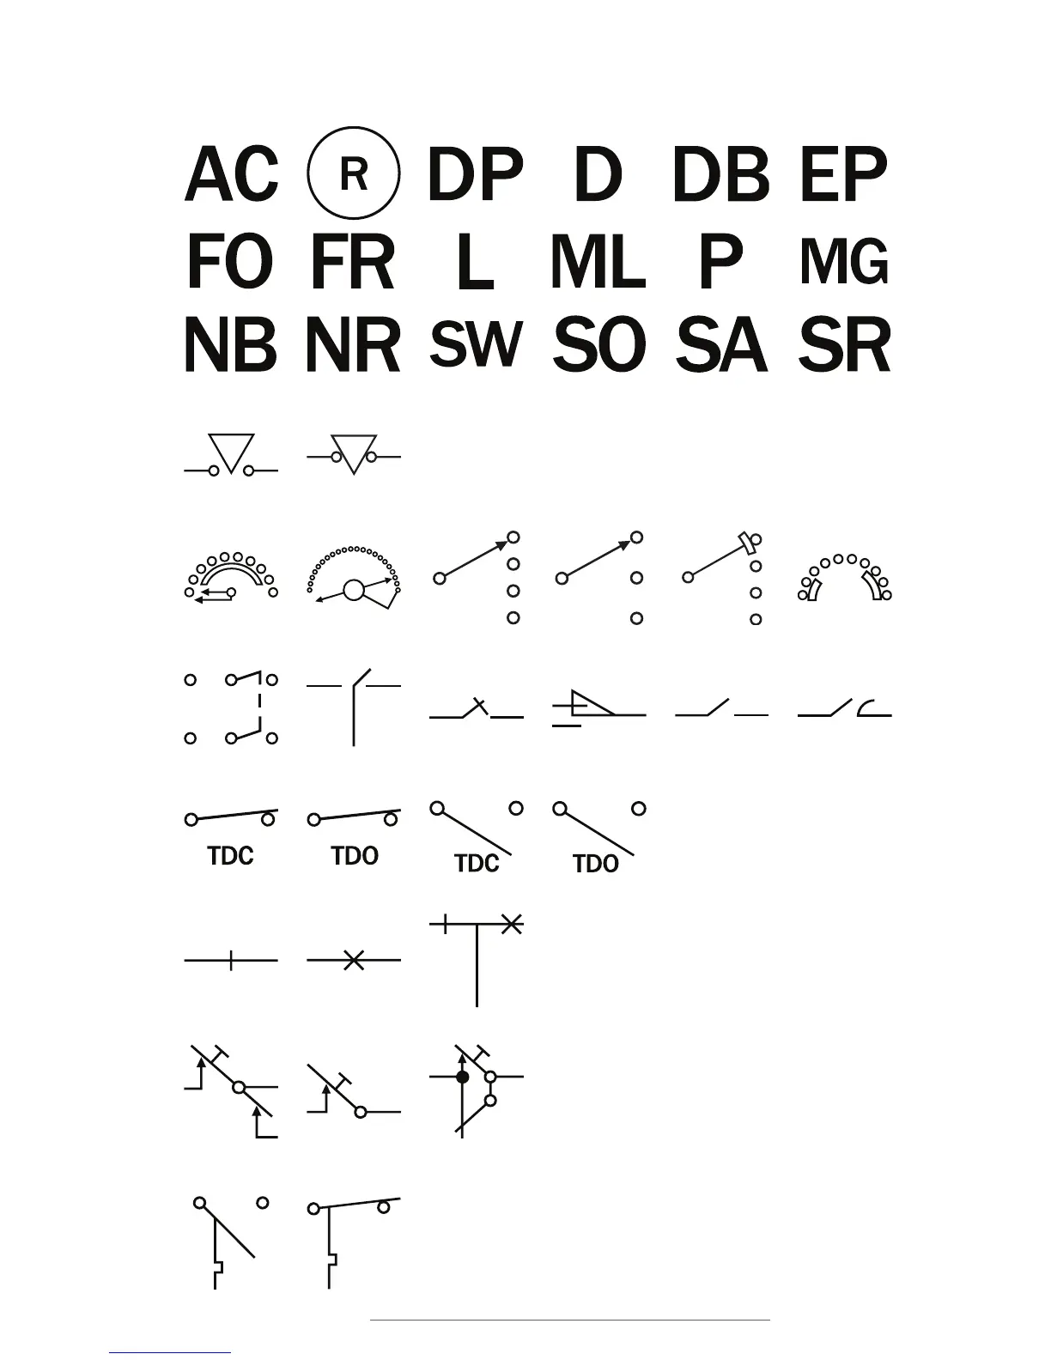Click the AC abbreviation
coord(231,174)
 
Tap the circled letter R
coord(353,173)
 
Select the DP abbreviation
coord(475,174)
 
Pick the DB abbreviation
coord(720,174)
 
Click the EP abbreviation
coord(843,174)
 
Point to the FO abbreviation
coord(229,262)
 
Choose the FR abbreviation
coord(352,262)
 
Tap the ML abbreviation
coord(598,262)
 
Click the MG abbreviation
coord(844,262)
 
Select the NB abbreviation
coord(230,345)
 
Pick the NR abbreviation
coord(353,345)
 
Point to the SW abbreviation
coord(476,343)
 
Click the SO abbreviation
coord(598,345)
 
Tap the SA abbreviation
coord(721,345)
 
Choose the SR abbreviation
coord(845,345)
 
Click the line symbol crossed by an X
coord(353,960)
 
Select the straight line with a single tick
coord(231,960)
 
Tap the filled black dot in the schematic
coord(463,1076)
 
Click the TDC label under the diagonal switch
coord(477,863)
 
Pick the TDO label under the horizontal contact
coord(355,855)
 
